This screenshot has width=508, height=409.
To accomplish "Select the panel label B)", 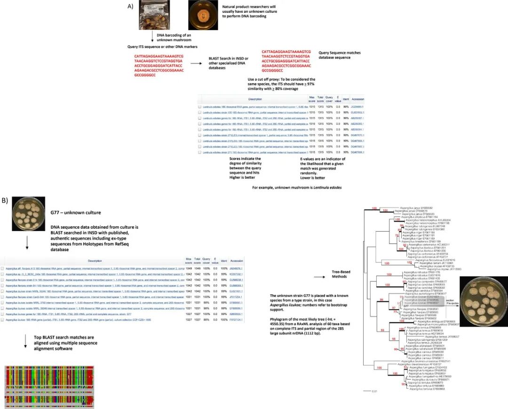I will coord(5,200).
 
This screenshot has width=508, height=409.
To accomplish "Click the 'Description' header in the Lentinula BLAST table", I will coord(255,99).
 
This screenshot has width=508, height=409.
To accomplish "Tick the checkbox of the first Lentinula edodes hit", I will coord(199,107).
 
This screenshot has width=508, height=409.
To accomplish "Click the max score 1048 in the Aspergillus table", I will coord(189,268).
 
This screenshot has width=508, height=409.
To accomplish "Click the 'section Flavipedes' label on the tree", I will coord(449,302).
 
